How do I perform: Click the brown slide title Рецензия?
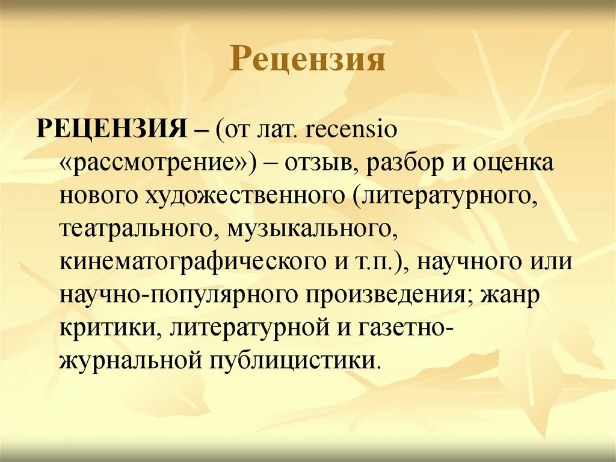tap(307, 60)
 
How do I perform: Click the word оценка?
tap(515, 164)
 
